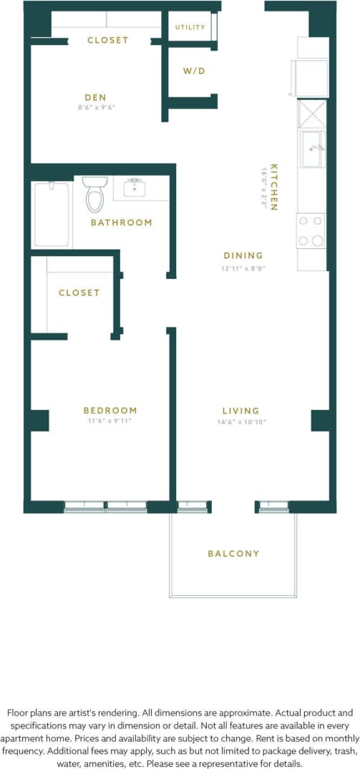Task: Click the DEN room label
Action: (95, 97)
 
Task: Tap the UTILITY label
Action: (190, 27)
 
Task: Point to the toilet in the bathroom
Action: (94, 194)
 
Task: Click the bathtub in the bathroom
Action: (52, 215)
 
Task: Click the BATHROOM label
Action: (121, 222)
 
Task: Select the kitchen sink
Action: (313, 149)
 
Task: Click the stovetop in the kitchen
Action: (311, 231)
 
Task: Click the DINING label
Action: (243, 255)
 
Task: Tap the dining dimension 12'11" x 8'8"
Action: (243, 268)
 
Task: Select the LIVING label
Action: (240, 411)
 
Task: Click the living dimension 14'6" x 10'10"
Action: (240, 422)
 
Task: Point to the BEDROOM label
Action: (110, 411)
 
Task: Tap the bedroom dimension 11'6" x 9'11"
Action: (110, 422)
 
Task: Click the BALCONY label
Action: (233, 554)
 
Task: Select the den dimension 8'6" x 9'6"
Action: (95, 108)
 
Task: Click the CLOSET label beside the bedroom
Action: (79, 293)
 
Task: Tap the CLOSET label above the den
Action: (108, 40)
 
